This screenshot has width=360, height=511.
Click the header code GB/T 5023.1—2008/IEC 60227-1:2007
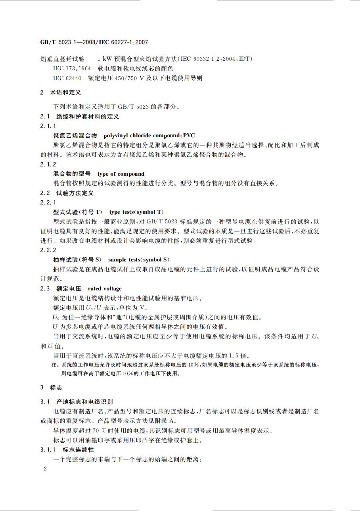[94, 42]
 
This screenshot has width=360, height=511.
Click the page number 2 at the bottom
[46, 469]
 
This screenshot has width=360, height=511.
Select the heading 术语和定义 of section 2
[65, 92]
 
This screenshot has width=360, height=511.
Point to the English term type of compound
[121, 174]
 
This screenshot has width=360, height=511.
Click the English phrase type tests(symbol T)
[136, 212]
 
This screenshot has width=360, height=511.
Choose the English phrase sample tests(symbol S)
[139, 259]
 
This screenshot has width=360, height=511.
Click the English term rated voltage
[105, 288]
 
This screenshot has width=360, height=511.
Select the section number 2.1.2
[48, 164]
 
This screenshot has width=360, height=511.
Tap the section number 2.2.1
[48, 202]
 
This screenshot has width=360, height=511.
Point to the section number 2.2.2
[48, 250]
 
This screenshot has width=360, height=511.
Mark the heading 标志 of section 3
[56, 387]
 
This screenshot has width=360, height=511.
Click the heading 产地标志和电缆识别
[84, 402]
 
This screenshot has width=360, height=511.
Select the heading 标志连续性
[79, 450]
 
